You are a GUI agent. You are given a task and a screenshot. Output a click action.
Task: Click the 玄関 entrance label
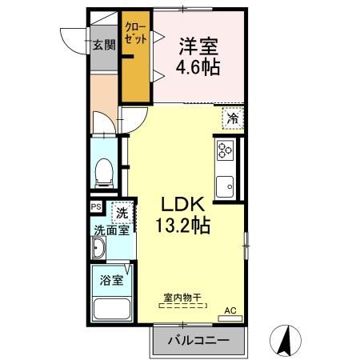click(102, 45)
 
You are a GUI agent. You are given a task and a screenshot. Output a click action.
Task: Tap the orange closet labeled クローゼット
click(136, 56)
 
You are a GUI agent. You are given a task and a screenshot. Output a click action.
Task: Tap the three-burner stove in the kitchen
click(225, 150)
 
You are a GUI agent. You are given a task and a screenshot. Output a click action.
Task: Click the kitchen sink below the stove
click(225, 183)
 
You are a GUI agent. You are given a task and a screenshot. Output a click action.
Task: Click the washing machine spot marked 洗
click(122, 213)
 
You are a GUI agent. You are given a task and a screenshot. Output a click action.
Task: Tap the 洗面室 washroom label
click(109, 231)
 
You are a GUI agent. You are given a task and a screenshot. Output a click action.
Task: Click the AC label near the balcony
click(230, 310)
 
